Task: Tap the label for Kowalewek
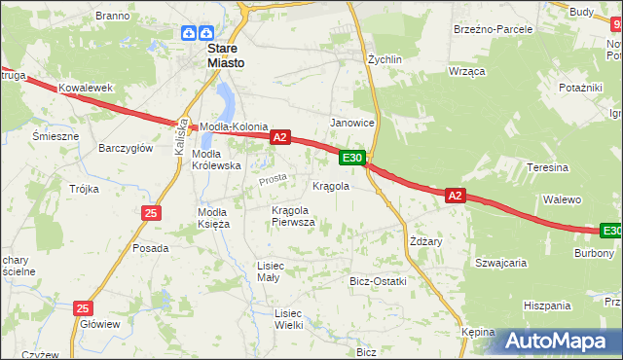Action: pos(80,88)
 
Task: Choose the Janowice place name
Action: pos(352,123)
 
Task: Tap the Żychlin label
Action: pos(385,59)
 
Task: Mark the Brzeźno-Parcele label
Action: pos(493,29)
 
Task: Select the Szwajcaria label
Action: pos(500,263)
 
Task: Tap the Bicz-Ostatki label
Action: pos(378,281)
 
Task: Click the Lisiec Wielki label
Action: pos(289,319)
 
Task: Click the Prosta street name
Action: pos(273,180)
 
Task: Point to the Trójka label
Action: pos(84,189)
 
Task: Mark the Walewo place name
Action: pos(562,199)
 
